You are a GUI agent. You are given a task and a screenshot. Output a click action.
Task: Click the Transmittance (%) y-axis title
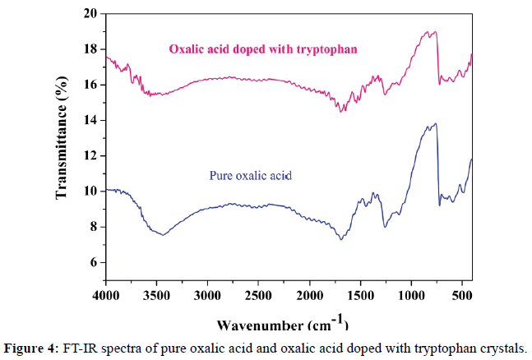tap(62, 149)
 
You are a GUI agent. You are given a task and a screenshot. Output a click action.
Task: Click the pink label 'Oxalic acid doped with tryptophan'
tap(267, 48)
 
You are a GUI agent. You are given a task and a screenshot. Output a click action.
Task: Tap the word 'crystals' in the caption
tap(500, 345)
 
